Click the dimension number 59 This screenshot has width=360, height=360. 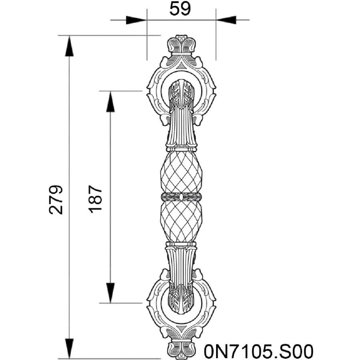coord(180,9)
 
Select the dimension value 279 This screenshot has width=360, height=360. coord(56,200)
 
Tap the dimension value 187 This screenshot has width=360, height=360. coord(95,199)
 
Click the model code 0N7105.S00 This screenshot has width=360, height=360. coord(258,351)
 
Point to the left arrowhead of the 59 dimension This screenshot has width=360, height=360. coord(136,20)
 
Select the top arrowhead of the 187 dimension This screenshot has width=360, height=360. coord(110,102)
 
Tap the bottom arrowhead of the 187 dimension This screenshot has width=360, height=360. coord(110,293)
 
